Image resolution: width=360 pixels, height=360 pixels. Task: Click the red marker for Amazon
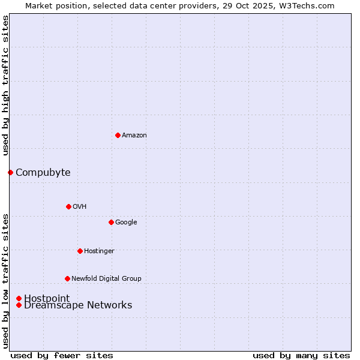[118, 135]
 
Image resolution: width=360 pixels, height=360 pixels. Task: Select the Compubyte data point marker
[10, 173]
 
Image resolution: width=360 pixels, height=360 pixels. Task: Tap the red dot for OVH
[68, 206]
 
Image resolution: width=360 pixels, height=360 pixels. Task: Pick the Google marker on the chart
[111, 222]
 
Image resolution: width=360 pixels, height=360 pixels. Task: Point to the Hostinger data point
[80, 251]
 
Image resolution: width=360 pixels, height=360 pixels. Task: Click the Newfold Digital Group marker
[67, 278]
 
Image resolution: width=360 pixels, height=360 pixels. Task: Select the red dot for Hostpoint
[19, 298]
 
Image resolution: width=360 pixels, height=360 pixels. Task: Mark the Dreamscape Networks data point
[19, 305]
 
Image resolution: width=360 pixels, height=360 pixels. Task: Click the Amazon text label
[134, 136]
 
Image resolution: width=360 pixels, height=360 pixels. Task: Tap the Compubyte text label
[43, 173]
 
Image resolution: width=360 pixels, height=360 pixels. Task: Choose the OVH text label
[80, 207]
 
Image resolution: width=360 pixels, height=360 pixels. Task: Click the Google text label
[126, 223]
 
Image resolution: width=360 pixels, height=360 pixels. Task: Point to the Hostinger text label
[99, 251]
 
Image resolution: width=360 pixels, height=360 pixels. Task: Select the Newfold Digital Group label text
[106, 279]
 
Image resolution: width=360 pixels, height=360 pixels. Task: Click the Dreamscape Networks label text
[78, 305]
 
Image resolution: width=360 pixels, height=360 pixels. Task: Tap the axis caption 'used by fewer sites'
[62, 355]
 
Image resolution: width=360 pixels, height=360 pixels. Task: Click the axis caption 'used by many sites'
[301, 355]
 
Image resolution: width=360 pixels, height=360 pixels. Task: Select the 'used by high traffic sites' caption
[5, 86]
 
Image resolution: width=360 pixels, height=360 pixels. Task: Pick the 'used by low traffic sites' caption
[5, 280]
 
